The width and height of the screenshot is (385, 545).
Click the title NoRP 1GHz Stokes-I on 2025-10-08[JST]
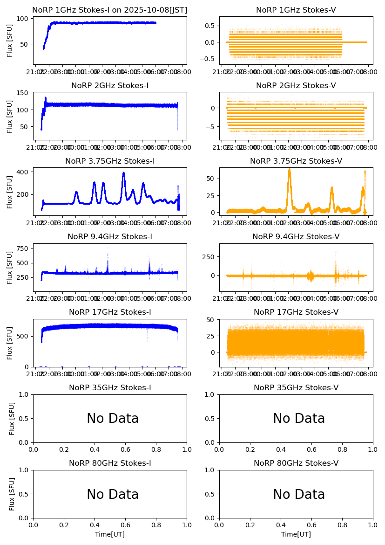[110, 10]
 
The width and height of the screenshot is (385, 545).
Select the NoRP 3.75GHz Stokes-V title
[296, 161]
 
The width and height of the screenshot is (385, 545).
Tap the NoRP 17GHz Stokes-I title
[110, 312]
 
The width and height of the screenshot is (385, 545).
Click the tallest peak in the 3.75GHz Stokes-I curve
[124, 173]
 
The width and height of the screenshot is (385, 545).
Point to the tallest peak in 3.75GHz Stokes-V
[289, 170]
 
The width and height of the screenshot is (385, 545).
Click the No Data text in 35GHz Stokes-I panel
[113, 419]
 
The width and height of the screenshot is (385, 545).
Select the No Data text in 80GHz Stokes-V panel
[299, 494]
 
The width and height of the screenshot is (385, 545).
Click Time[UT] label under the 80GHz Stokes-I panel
[110, 534]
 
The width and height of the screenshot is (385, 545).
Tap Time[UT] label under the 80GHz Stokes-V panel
[296, 534]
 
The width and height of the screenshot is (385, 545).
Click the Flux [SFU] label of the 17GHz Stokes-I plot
[10, 343]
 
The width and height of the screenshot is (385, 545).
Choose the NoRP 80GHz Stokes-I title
[110, 463]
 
